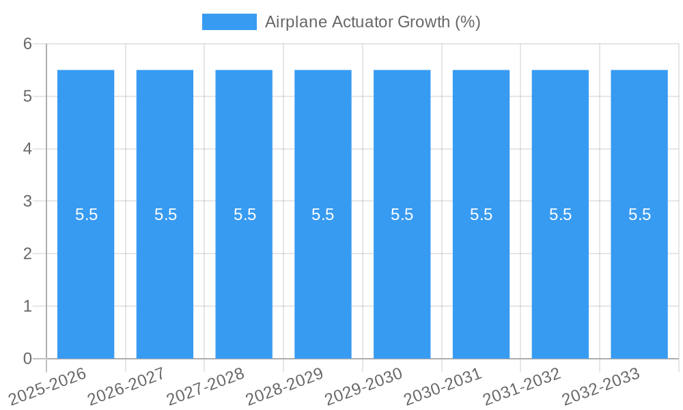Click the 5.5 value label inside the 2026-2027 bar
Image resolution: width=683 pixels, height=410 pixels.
click(165, 215)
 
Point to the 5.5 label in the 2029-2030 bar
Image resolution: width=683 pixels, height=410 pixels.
click(402, 215)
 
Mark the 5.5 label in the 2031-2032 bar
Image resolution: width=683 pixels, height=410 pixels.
click(560, 215)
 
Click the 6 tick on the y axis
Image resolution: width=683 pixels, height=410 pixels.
click(27, 44)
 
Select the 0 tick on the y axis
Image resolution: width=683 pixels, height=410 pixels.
click(27, 359)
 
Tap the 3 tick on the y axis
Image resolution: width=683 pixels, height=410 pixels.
click(27, 202)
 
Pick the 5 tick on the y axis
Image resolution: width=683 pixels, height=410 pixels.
click(27, 97)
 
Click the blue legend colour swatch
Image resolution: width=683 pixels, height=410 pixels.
click(229, 22)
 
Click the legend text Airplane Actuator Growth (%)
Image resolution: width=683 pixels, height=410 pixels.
click(373, 22)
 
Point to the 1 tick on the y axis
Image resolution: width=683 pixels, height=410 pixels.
click(27, 306)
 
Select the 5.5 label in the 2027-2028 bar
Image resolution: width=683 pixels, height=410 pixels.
click(245, 215)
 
